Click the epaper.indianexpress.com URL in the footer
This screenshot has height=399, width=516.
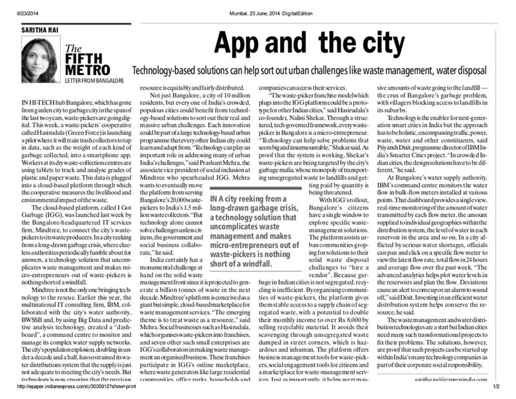tap(80, 387)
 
